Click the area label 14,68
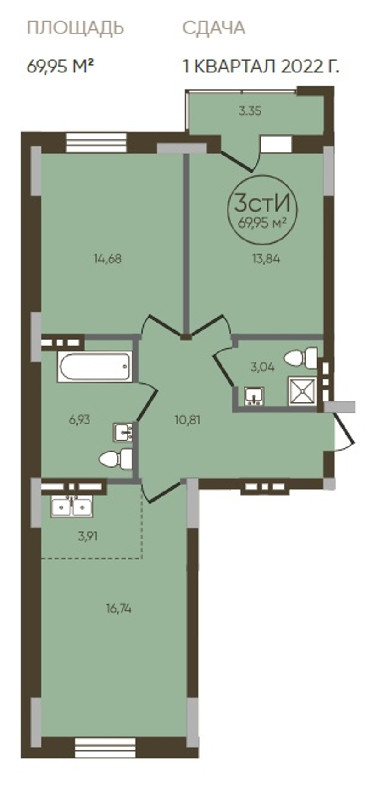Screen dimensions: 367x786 point(107,259)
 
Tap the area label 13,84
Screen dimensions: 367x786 point(266,259)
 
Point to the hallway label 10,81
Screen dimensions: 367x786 point(188,419)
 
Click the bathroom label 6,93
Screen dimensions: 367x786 point(79,419)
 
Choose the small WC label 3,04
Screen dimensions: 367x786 point(262,368)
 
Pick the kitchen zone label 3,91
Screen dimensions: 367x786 point(88,536)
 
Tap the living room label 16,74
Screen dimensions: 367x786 point(119,608)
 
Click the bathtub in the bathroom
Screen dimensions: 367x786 point(95,367)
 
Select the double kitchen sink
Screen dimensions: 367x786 point(72,507)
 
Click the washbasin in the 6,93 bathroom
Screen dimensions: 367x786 point(122,433)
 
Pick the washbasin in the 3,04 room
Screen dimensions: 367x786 point(254,396)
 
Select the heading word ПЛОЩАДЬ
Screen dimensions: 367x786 point(75,28)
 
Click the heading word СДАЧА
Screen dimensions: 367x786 point(214,28)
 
